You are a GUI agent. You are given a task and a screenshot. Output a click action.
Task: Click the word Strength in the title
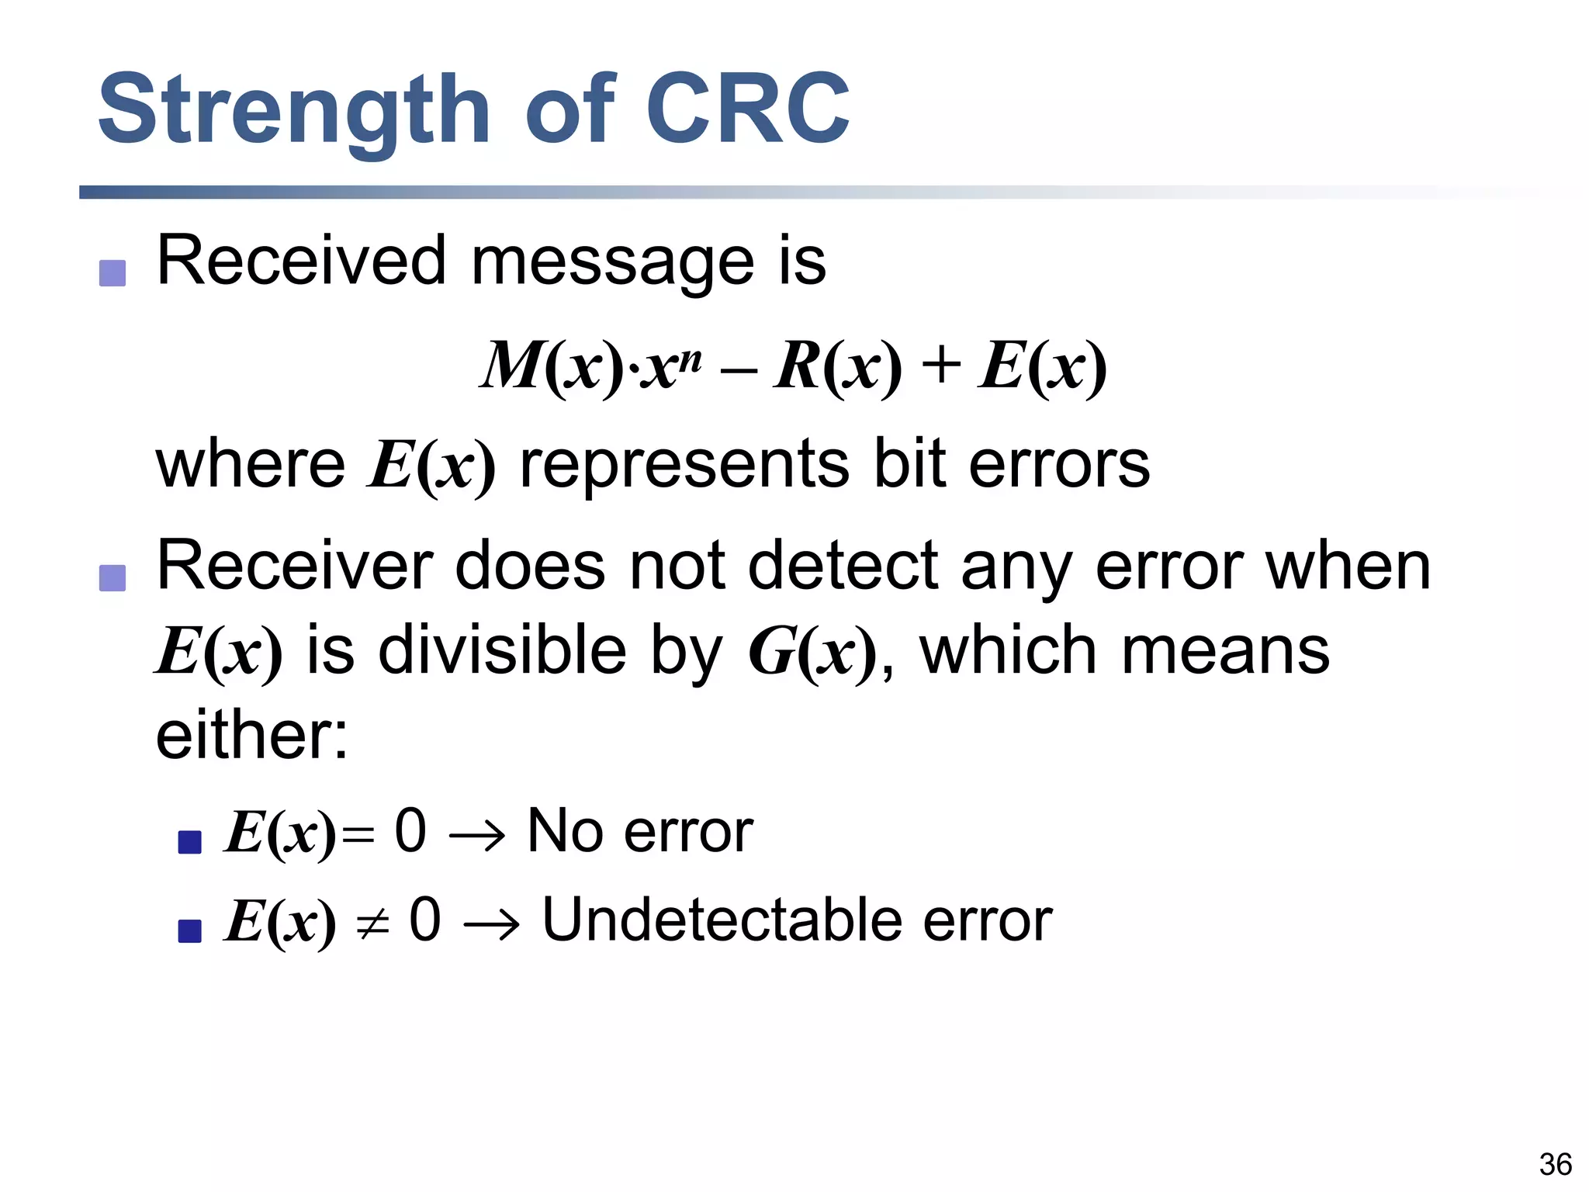click(293, 110)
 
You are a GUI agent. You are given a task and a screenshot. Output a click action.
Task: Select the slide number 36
click(1555, 1165)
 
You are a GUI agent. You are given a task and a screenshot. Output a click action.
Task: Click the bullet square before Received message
click(113, 273)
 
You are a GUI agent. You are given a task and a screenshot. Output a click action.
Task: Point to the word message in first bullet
click(612, 262)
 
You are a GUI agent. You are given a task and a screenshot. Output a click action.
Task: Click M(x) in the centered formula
click(552, 366)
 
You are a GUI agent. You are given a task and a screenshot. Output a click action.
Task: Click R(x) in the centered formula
click(837, 366)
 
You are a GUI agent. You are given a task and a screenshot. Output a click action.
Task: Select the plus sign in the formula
click(940, 366)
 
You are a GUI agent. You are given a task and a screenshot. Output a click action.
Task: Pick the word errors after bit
click(1059, 464)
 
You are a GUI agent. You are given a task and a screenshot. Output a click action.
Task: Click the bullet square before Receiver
click(113, 578)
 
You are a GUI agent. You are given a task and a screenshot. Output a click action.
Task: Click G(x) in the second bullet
click(811, 652)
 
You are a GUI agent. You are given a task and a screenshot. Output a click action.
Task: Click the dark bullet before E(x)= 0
click(190, 842)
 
